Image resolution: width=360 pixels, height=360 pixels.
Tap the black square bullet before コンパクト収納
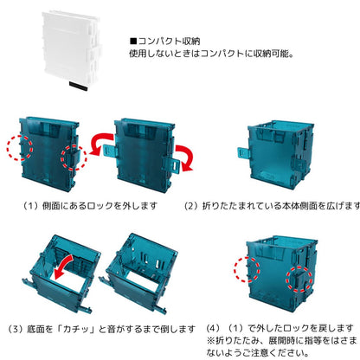[132, 40]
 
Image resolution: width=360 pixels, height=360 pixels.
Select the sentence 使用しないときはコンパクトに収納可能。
[210, 53]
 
